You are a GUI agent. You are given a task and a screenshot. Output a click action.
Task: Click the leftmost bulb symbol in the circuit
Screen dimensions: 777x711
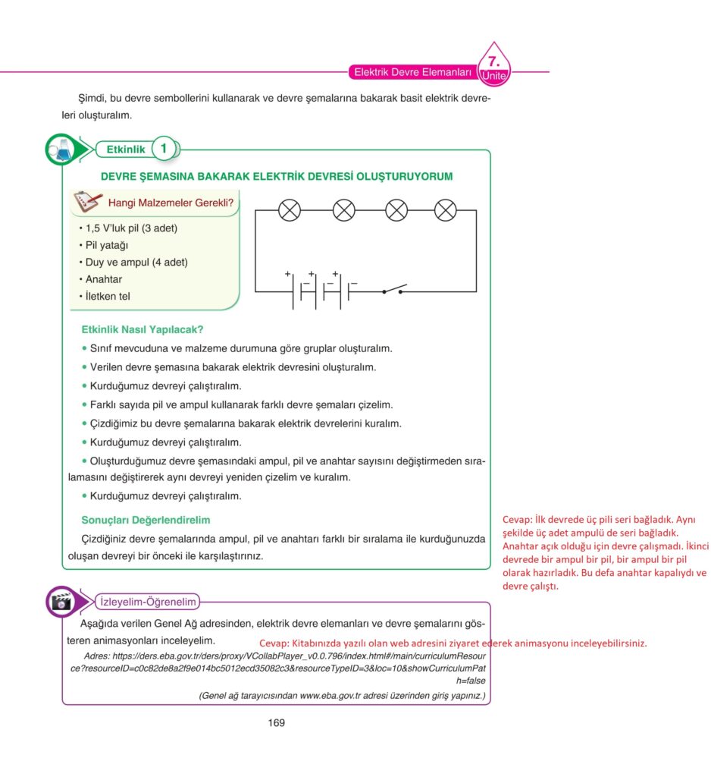(x=290, y=210)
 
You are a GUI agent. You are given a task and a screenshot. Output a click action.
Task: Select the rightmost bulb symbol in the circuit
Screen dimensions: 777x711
(x=445, y=210)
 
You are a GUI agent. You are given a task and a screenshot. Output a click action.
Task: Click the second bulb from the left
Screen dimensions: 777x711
(x=345, y=210)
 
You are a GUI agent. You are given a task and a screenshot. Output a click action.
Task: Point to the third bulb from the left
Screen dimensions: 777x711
(x=396, y=210)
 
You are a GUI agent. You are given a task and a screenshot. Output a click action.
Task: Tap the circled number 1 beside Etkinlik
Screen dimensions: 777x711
(x=163, y=149)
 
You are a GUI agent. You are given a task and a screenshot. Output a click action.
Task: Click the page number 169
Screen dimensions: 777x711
(x=277, y=722)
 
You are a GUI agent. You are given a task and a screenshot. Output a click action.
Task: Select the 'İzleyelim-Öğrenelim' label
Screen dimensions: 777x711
(x=149, y=602)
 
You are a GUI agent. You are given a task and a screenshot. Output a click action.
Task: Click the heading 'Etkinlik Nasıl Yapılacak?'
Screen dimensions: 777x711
(x=143, y=330)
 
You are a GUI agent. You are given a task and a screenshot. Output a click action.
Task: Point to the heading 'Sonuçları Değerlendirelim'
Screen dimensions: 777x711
(x=146, y=520)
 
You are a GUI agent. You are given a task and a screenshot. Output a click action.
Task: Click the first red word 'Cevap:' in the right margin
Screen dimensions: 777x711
(x=517, y=520)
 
